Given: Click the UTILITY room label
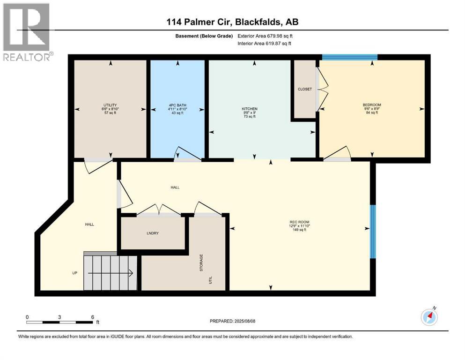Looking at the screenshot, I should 110,105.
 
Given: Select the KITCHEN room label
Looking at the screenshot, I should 250,109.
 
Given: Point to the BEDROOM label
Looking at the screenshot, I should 372,105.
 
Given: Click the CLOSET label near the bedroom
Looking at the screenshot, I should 304,89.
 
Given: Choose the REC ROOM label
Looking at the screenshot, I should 299,222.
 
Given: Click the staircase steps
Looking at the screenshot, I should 110,273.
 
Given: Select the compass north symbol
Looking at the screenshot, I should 429,317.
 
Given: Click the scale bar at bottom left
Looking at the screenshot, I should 59,322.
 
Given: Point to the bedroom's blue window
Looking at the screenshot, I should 349,57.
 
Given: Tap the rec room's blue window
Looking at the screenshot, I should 373,231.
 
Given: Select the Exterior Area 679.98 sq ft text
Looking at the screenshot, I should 265,36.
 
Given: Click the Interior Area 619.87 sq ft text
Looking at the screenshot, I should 265,43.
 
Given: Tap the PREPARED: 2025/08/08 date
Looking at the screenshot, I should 233,321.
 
